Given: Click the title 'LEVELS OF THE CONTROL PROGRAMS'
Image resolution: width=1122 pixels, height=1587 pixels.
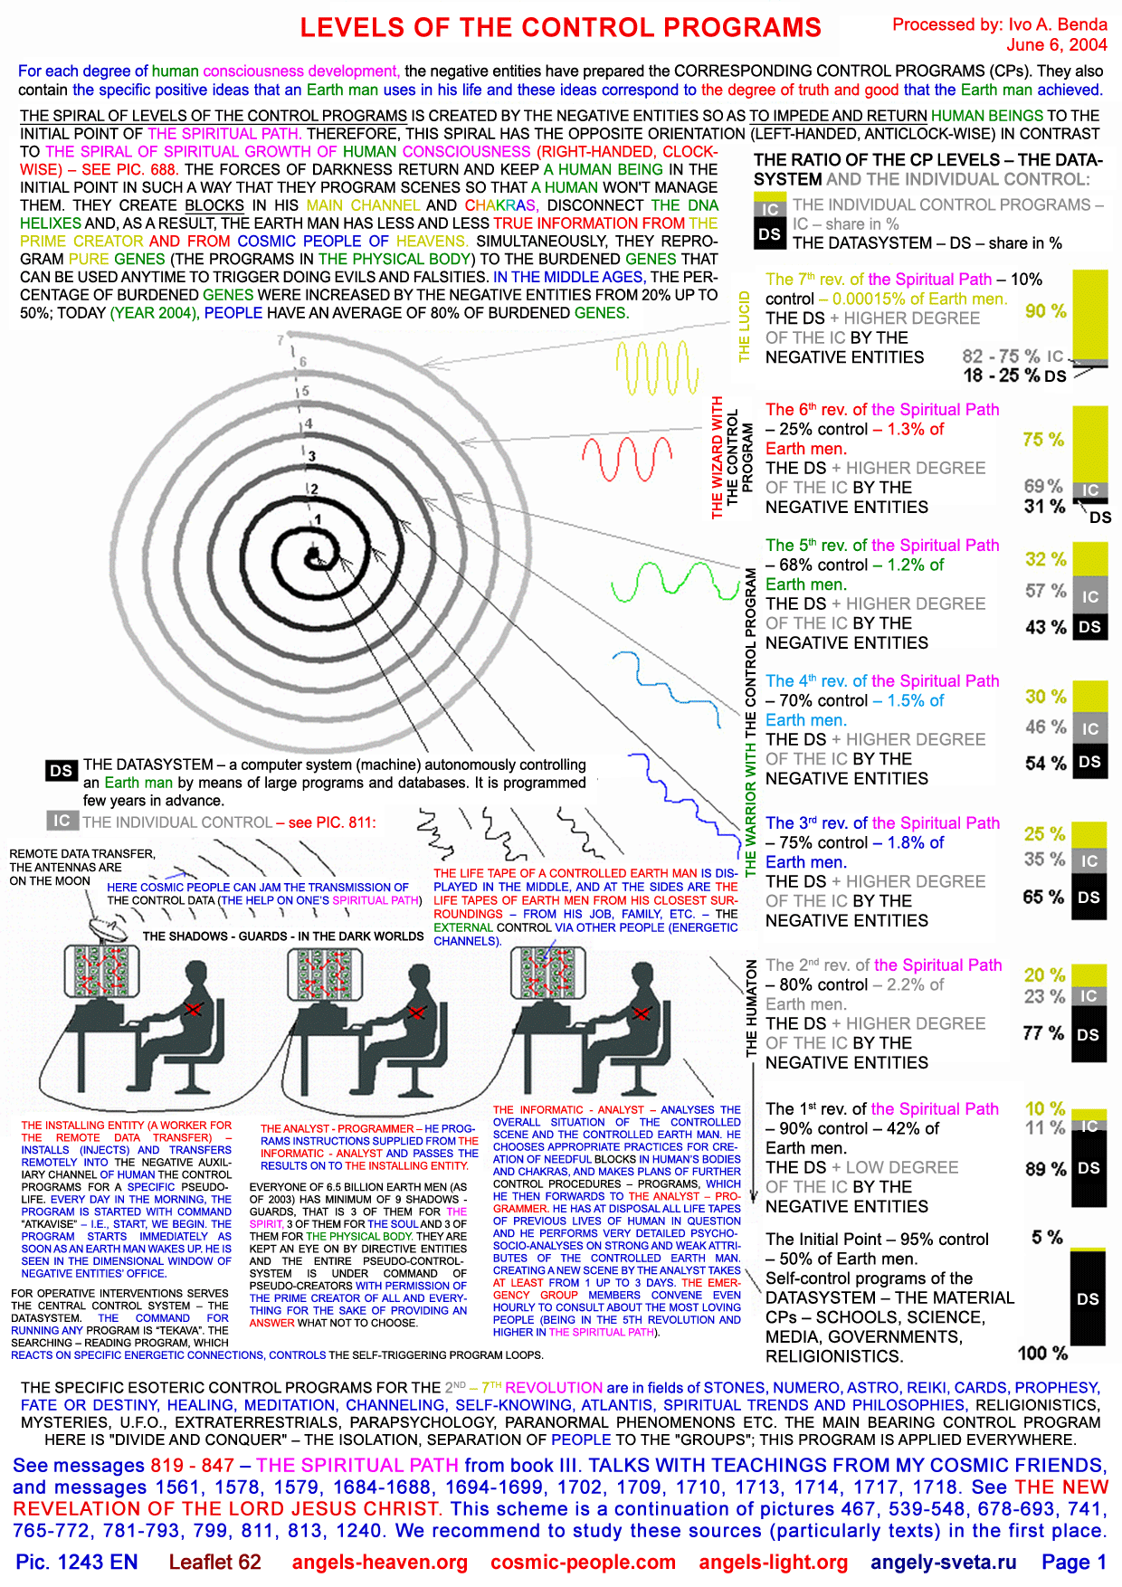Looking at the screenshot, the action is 561,27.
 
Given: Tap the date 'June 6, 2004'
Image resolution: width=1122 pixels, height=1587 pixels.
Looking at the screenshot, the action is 1057,44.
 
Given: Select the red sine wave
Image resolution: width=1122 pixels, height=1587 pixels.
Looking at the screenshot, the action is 628,459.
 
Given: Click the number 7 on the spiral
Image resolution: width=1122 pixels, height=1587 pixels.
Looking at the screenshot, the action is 280,340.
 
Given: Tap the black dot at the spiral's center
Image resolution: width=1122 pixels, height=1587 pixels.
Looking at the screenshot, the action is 313,554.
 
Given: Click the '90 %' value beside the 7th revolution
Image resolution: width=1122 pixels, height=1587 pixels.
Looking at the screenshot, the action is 1046,310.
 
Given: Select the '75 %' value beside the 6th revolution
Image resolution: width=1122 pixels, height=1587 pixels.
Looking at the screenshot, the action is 1043,439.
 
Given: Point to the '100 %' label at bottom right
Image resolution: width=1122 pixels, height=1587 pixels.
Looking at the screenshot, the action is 1042,1353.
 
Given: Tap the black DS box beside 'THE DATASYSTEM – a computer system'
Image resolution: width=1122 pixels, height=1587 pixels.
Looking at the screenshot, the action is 62,770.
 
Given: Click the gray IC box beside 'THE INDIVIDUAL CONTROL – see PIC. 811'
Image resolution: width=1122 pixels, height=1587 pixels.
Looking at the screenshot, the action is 62,821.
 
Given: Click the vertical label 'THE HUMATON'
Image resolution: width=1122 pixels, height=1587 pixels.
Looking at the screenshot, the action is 751,1008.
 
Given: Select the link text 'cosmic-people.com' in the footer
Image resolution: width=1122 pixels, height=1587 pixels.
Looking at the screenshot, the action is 583,1562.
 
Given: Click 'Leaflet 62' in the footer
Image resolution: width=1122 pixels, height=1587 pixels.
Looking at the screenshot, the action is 214,1562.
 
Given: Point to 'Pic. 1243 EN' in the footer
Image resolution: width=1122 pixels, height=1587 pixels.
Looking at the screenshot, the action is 77,1562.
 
